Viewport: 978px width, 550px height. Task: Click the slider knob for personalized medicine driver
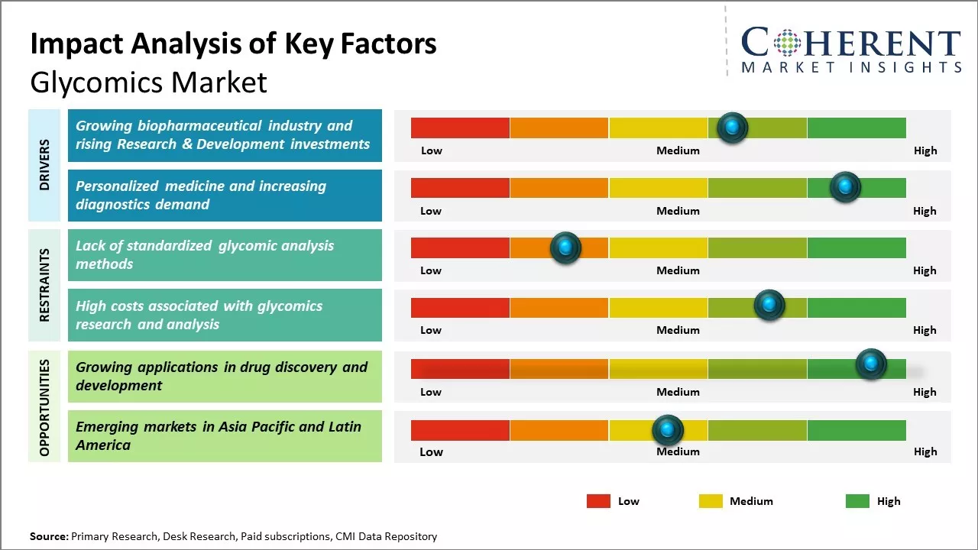(845, 187)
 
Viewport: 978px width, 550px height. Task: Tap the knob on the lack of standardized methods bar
(565, 247)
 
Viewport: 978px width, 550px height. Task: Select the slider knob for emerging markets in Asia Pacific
(668, 431)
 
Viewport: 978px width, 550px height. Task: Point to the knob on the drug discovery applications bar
(870, 364)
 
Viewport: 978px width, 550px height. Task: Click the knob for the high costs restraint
(769, 306)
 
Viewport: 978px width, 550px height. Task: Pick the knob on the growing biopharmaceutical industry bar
(733, 128)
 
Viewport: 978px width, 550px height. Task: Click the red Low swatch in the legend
(598, 501)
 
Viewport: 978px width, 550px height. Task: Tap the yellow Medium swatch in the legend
(711, 501)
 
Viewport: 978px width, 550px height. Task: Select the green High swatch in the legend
(857, 501)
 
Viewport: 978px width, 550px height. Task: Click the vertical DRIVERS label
(44, 164)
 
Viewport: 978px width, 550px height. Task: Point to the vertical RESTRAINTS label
(44, 284)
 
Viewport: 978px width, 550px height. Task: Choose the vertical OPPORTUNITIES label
(44, 407)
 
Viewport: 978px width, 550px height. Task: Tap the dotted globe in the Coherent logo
(788, 43)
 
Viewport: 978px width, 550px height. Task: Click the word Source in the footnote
(48, 536)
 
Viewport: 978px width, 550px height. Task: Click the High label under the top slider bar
(925, 150)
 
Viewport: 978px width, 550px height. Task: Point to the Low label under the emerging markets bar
(431, 451)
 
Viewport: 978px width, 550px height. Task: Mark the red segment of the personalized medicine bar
(460, 187)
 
